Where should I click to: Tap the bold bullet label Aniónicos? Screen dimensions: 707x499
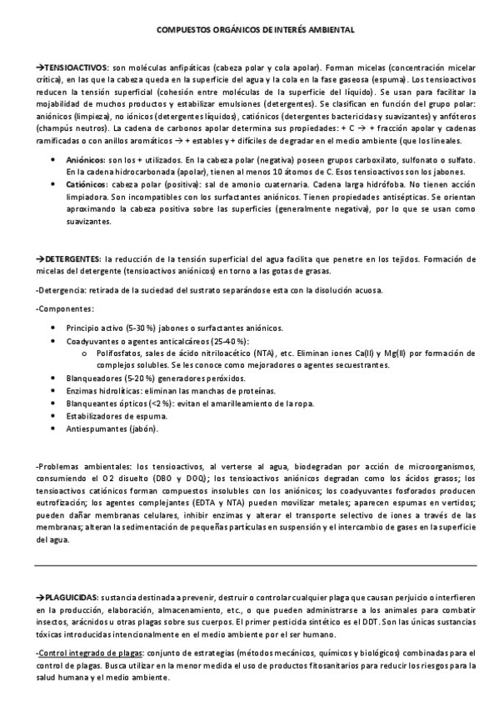point(84,159)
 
